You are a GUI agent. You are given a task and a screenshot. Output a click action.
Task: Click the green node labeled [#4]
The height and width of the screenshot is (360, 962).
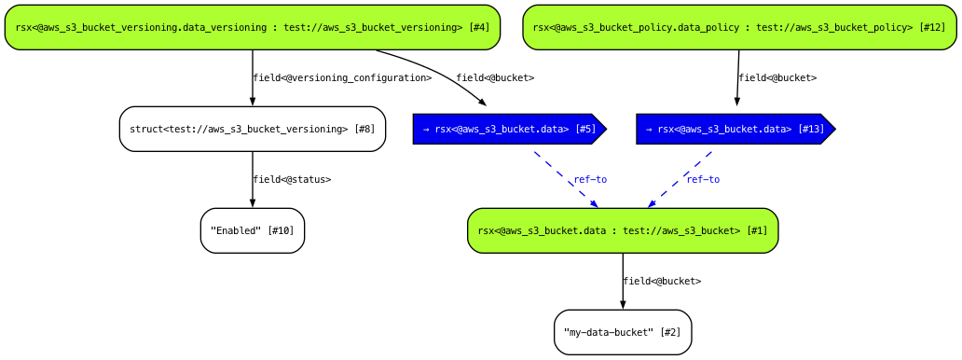point(252,27)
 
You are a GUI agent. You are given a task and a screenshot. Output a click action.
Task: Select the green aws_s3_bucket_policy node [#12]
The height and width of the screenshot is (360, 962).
point(739,27)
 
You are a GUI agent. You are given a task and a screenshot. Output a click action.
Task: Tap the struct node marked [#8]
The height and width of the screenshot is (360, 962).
point(252,129)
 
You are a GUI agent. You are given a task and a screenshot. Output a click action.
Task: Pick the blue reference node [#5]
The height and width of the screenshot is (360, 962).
point(508,129)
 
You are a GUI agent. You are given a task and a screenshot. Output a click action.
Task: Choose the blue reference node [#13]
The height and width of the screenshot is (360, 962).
point(735,129)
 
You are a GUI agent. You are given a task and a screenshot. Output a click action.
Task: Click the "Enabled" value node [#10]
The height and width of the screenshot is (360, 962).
point(252,230)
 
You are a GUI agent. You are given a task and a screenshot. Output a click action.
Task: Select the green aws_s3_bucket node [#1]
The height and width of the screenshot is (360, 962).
point(622,230)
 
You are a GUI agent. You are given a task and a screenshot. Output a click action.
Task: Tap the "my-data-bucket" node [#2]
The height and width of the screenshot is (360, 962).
point(622,332)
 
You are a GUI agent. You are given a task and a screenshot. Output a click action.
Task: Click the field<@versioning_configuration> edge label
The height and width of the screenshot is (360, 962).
point(342,78)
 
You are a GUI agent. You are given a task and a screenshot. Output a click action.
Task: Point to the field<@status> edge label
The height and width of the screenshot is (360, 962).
point(292,180)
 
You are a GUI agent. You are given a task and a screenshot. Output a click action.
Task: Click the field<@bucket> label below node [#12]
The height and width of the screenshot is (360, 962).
point(777,78)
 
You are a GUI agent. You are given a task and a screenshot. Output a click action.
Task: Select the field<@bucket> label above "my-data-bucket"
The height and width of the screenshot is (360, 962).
point(662,282)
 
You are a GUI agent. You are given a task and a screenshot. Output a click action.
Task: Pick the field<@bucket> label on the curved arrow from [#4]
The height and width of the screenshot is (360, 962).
point(495,78)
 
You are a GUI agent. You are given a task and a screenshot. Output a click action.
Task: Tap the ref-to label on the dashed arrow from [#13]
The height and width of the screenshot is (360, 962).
point(703,180)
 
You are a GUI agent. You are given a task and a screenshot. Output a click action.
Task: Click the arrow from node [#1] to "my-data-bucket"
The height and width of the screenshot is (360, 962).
point(622,280)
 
